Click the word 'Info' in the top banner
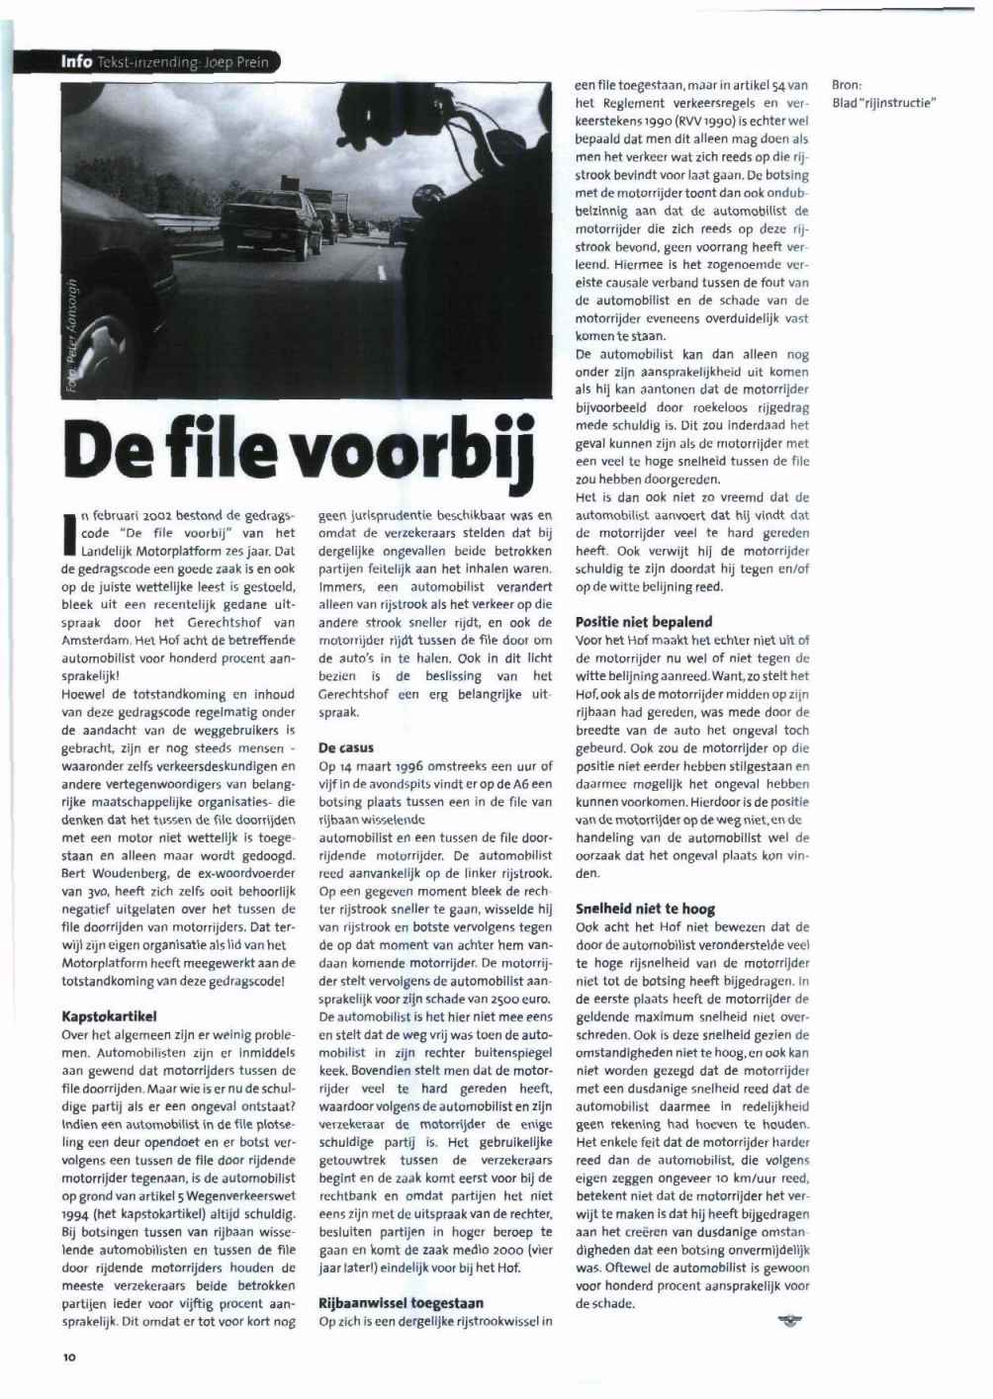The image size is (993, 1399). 76,61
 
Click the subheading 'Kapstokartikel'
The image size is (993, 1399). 109,1015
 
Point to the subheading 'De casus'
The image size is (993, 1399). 346,747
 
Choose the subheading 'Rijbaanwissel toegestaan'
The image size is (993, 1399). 401,1302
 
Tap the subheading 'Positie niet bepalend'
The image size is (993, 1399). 643,622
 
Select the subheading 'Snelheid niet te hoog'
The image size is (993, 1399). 645,909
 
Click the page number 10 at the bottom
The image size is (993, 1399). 69,1358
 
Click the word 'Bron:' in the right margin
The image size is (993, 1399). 847,86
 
